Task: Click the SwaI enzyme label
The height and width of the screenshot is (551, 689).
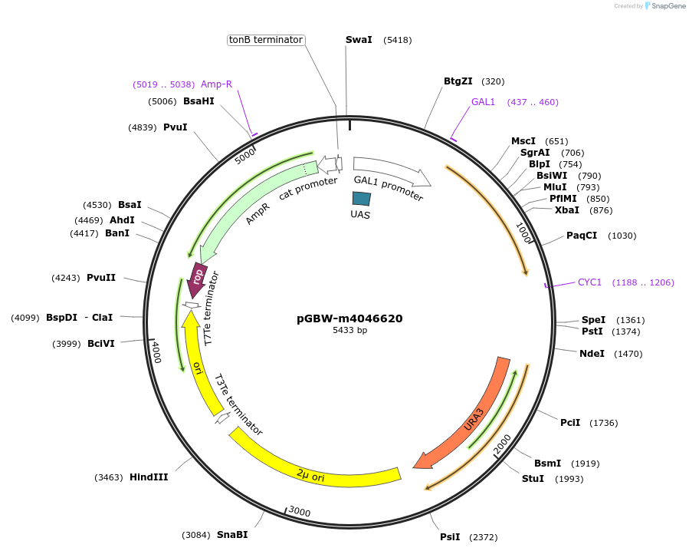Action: [x=359, y=40]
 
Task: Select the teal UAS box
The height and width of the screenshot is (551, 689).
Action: [x=362, y=198]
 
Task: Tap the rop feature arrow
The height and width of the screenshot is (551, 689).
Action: [x=198, y=278]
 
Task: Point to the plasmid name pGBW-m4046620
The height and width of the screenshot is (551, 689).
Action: [x=349, y=318]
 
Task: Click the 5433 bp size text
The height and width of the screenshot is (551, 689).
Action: [x=349, y=331]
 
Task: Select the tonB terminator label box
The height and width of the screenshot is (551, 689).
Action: [x=267, y=40]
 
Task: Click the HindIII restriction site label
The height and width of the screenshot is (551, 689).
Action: [x=149, y=477]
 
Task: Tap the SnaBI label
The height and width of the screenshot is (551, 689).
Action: [x=232, y=535]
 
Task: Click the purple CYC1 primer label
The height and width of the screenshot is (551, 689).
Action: [x=589, y=282]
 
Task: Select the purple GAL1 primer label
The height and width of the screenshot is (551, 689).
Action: [x=484, y=102]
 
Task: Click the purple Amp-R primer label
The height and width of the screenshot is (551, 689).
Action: [x=216, y=84]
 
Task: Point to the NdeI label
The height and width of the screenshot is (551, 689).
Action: [x=592, y=354]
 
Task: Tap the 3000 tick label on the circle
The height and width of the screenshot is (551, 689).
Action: [x=300, y=512]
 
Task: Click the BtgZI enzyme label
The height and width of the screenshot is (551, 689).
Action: [x=458, y=81]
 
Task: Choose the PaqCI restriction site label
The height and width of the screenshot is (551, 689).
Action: [x=582, y=236]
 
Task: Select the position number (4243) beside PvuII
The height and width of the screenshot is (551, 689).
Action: [x=66, y=278]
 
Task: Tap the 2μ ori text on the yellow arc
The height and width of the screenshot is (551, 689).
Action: [x=310, y=477]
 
